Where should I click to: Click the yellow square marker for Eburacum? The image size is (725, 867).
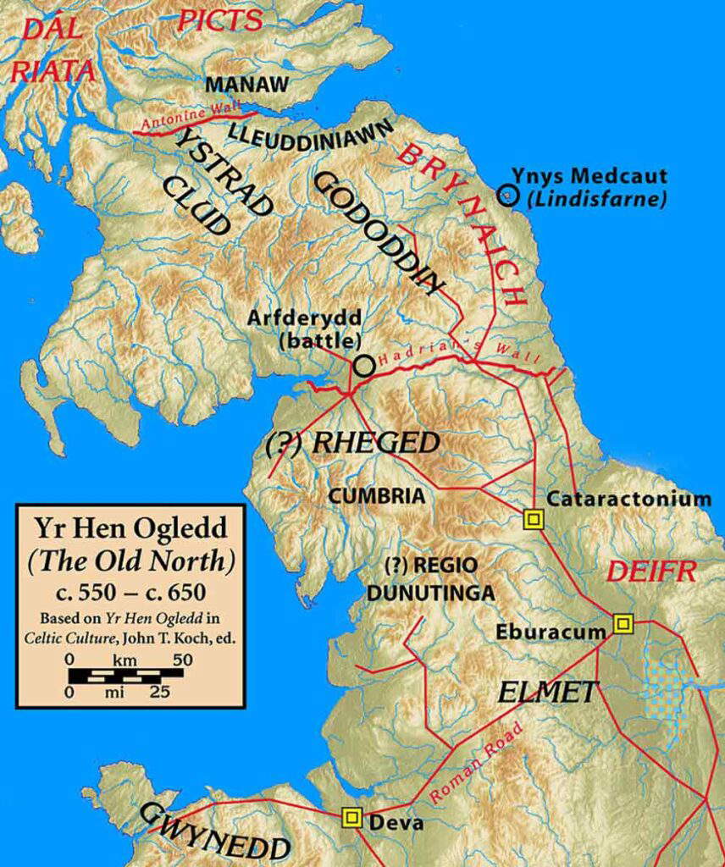(x=623, y=624)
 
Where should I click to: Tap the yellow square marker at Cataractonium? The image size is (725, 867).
(x=533, y=519)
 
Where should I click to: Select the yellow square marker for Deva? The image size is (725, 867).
(x=351, y=817)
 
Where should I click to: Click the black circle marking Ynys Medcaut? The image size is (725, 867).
(x=506, y=196)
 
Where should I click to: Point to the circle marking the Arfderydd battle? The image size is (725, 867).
(x=363, y=366)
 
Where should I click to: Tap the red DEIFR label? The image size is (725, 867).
(x=650, y=572)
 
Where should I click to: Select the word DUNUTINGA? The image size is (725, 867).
(x=430, y=594)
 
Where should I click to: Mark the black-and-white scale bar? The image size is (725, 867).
(x=126, y=675)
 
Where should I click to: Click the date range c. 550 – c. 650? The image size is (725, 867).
(x=131, y=590)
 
